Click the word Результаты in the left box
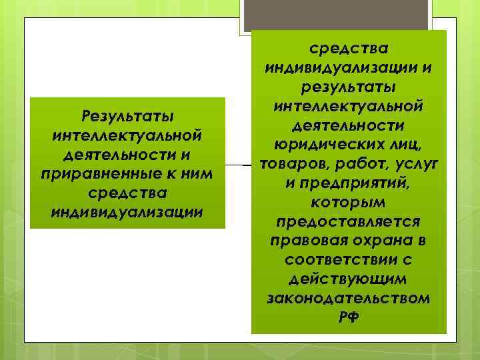click(127, 117)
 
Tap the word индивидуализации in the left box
click(127, 212)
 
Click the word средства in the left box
click(127, 193)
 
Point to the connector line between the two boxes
click(238, 163)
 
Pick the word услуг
click(415, 163)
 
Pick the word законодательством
click(348, 297)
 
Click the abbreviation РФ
click(348, 316)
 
